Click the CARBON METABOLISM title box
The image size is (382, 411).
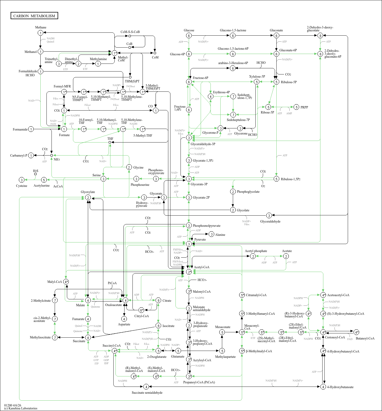34,16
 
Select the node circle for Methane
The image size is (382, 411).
40,33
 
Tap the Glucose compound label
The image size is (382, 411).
189,30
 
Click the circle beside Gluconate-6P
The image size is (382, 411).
276,54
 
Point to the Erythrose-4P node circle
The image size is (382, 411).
211,96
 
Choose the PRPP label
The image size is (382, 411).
304,107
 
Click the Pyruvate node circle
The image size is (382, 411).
189,244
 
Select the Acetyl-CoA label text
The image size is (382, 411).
201,267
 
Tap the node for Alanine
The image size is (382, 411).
211,234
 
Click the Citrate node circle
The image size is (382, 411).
158,300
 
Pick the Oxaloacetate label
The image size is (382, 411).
113,305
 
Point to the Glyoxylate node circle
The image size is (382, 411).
88,198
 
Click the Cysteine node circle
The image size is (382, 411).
22,180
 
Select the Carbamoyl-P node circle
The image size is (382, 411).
31,156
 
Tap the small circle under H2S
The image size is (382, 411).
35,174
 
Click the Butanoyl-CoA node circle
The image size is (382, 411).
356,332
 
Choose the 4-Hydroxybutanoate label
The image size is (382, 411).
340,387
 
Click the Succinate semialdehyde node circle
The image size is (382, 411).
146,387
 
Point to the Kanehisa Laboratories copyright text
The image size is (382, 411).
21,408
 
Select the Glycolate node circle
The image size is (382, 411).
233,210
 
